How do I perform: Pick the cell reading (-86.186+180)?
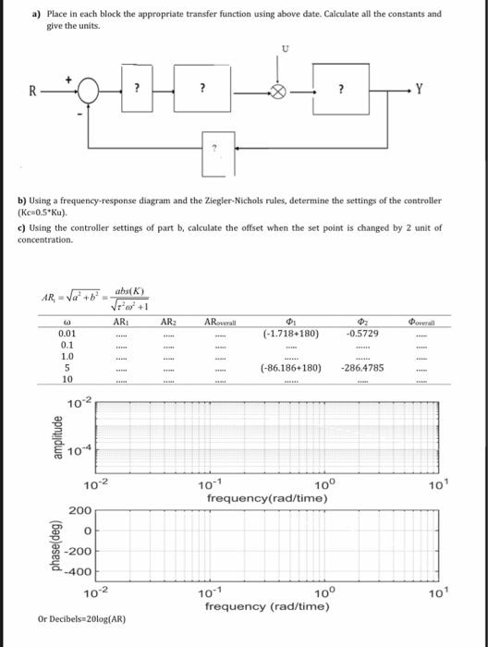pos(290,367)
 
